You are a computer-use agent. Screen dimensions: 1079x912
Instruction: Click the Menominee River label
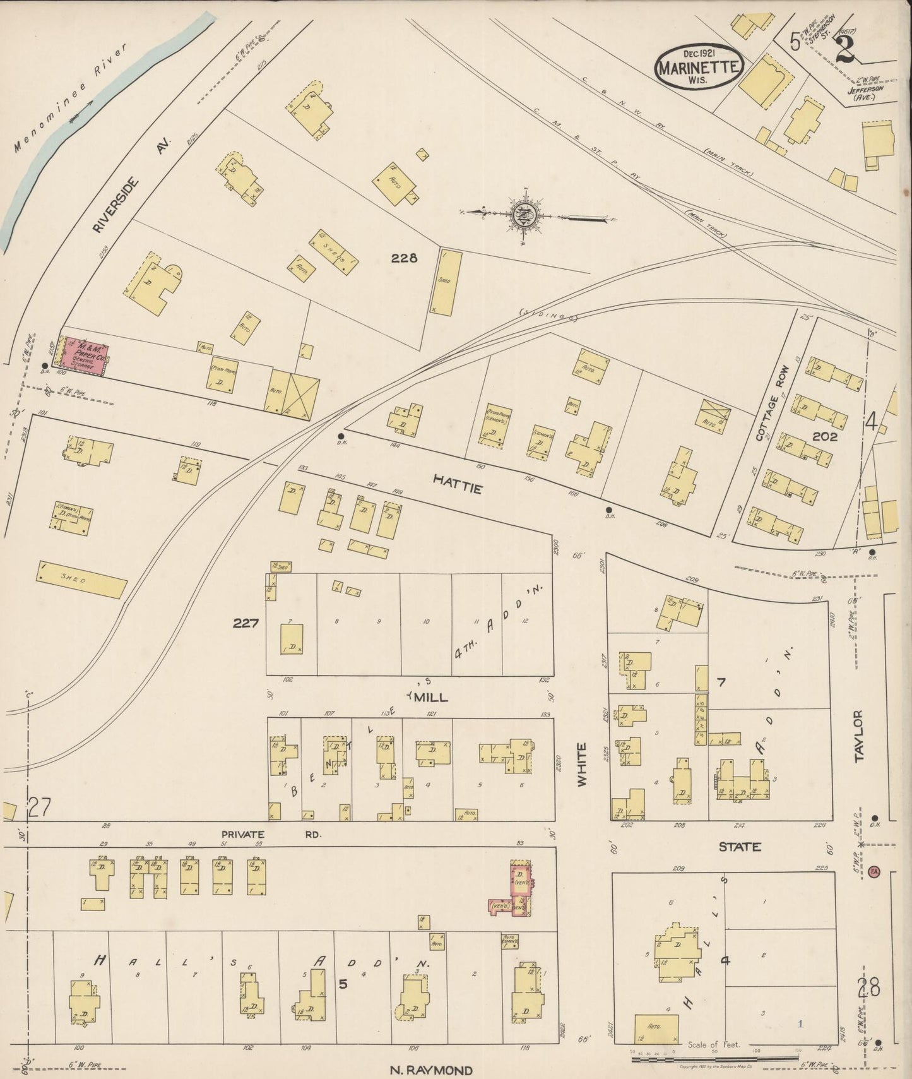click(x=71, y=98)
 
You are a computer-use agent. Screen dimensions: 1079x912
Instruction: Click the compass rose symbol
click(x=524, y=216)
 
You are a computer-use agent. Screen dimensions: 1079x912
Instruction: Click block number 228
click(x=404, y=258)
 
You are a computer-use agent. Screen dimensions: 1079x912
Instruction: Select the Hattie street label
click(x=458, y=485)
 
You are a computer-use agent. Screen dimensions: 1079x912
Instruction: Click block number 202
click(x=824, y=436)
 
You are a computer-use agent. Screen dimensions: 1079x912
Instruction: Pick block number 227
click(x=246, y=623)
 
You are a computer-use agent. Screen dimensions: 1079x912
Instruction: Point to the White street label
click(x=581, y=764)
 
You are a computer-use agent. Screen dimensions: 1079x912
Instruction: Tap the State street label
click(x=740, y=847)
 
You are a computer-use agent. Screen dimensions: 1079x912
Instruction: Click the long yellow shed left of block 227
click(x=81, y=580)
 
